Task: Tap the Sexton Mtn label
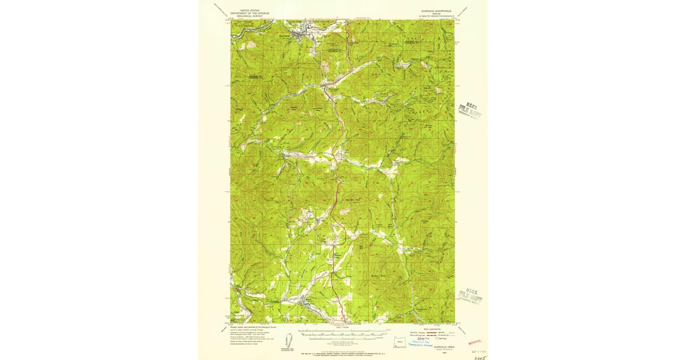354,199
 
